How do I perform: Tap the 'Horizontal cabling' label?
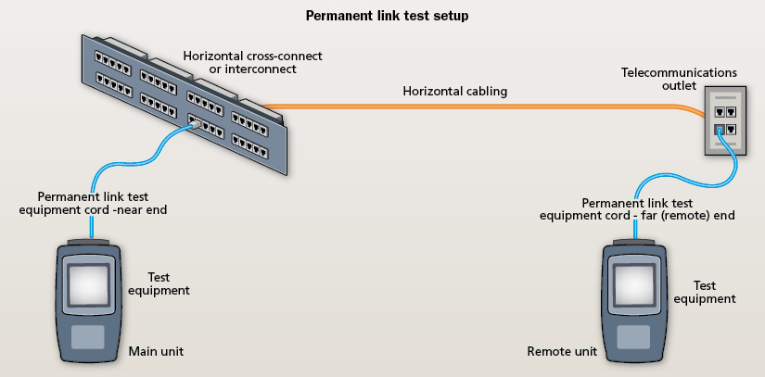tap(454, 92)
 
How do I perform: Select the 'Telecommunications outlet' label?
tap(691, 79)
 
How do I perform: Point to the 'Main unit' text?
tap(152, 353)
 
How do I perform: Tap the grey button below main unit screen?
tap(89, 336)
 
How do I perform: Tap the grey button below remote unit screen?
tap(633, 336)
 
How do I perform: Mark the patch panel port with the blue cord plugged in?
tap(195, 120)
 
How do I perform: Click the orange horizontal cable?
tap(464, 107)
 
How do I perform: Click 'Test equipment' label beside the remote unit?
tap(704, 293)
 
